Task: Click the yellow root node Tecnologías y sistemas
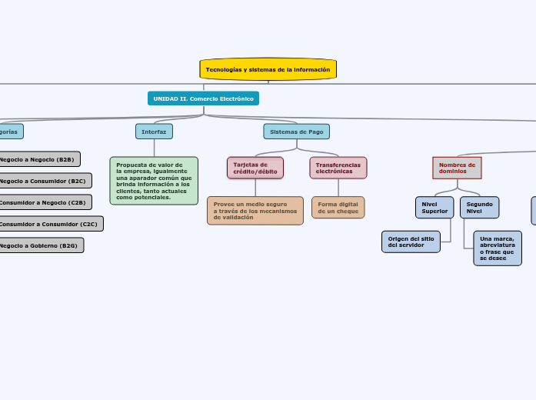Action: point(268,69)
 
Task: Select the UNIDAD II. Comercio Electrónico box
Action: point(203,98)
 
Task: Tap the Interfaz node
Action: point(154,132)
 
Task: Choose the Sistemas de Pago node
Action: point(296,132)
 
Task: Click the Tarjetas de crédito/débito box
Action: point(255,168)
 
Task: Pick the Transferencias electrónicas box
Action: point(338,168)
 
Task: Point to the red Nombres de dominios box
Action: point(457,168)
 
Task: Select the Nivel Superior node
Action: point(434,207)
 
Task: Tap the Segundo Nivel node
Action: point(479,207)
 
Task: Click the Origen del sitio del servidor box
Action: point(411,242)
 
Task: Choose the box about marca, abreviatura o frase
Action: point(497,248)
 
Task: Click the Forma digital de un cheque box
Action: point(338,208)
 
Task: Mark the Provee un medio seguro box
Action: point(255,211)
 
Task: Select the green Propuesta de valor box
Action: point(154,181)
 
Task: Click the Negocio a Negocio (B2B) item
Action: point(39,159)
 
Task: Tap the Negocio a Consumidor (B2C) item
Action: point(45,181)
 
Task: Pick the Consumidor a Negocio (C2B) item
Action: point(45,202)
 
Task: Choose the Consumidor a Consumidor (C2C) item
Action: point(51,224)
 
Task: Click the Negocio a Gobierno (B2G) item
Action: point(41,245)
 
